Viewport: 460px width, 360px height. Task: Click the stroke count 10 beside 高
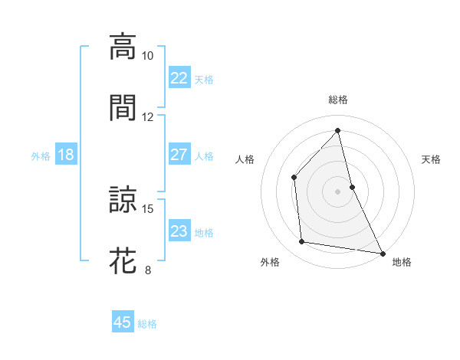pyautogui.click(x=148, y=56)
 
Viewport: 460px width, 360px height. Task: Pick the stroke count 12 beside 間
pyautogui.click(x=148, y=116)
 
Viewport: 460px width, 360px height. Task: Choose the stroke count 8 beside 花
pyautogui.click(x=148, y=270)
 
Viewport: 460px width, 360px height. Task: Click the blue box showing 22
pyautogui.click(x=179, y=78)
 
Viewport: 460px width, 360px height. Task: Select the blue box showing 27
pyautogui.click(x=179, y=155)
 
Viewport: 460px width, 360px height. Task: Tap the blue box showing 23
pyautogui.click(x=179, y=231)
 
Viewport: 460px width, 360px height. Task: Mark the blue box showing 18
pyautogui.click(x=66, y=155)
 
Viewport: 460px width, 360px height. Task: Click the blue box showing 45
pyautogui.click(x=123, y=322)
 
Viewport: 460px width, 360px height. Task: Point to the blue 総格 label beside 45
pyautogui.click(x=147, y=324)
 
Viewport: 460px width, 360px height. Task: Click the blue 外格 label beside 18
pyautogui.click(x=41, y=156)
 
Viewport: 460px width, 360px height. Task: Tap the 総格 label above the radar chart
pyautogui.click(x=338, y=100)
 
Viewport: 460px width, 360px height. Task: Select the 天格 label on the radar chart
pyautogui.click(x=431, y=159)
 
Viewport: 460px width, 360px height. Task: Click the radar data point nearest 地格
pyautogui.click(x=382, y=253)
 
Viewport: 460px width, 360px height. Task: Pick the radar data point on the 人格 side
pyautogui.click(x=294, y=177)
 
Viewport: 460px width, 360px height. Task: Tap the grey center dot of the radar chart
pyautogui.click(x=338, y=191)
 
